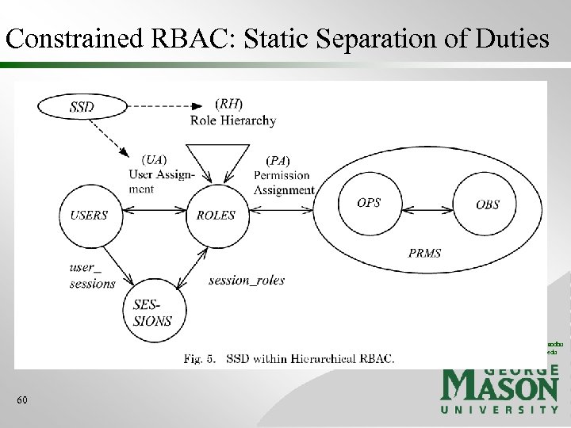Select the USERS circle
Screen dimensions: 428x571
pyautogui.click(x=89, y=214)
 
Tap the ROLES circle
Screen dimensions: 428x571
pyautogui.click(x=215, y=214)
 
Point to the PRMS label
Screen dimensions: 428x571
pyautogui.click(x=424, y=254)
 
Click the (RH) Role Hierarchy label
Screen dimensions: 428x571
pyautogui.click(x=232, y=113)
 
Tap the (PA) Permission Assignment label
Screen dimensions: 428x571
pyautogui.click(x=283, y=175)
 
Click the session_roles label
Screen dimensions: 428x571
pyautogui.click(x=246, y=280)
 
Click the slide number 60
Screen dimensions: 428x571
pyautogui.click(x=22, y=400)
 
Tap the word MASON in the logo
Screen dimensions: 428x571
pyautogui.click(x=499, y=388)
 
